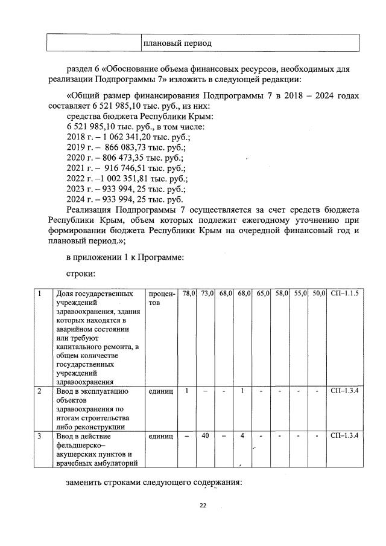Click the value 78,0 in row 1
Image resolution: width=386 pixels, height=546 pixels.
tap(189, 294)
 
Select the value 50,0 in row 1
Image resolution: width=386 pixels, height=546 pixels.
tap(319, 294)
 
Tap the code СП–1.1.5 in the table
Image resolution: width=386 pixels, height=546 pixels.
tap(345, 294)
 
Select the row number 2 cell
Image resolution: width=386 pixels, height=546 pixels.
tap(40, 391)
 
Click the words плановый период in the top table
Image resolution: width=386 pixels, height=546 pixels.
tap(177, 43)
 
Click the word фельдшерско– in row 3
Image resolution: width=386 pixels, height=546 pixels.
tap(80, 445)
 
